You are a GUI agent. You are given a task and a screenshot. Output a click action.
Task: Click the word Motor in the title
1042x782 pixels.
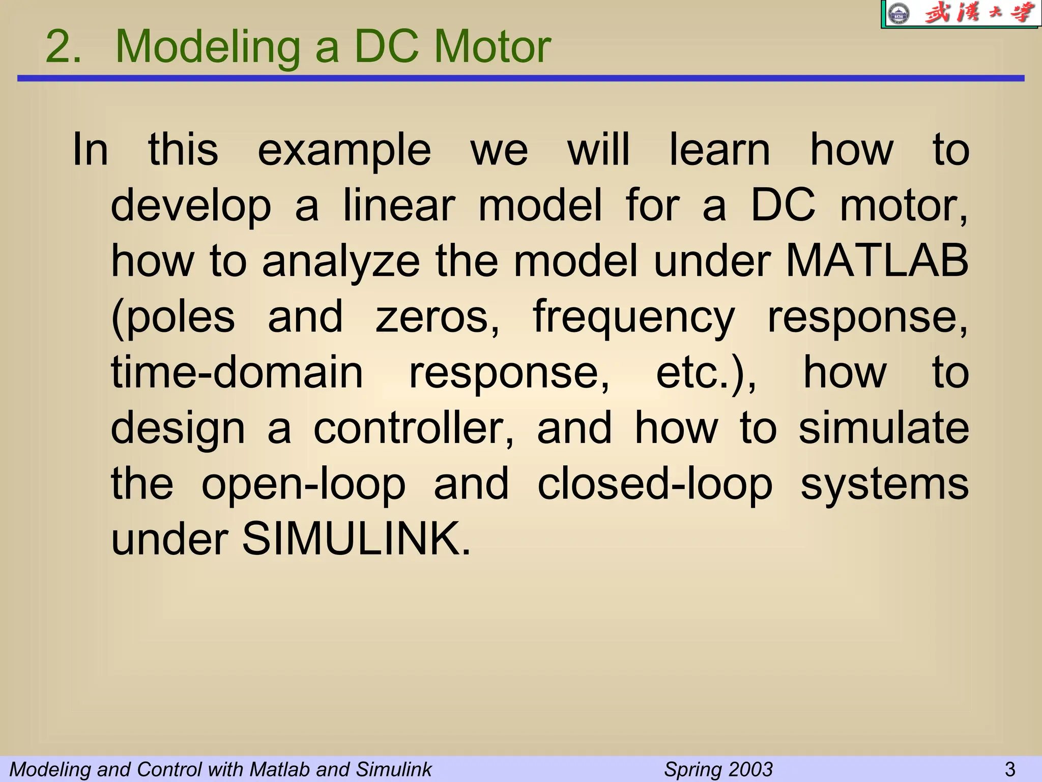coord(492,47)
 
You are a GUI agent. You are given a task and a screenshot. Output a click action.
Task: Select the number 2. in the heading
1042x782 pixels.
coord(63,47)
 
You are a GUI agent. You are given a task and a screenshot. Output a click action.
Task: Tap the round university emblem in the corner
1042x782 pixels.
coord(897,14)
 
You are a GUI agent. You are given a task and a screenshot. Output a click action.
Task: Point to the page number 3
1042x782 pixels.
coord(1010,769)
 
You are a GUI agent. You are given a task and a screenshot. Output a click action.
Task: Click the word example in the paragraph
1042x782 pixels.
coord(344,150)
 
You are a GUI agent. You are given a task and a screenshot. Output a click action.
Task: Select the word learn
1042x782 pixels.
coord(719,150)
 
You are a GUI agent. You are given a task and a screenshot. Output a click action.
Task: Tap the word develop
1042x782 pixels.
coord(191,206)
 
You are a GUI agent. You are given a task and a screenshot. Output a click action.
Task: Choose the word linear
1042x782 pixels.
coord(399,206)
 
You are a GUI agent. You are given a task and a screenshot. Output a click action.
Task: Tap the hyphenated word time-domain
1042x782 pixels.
coord(237,372)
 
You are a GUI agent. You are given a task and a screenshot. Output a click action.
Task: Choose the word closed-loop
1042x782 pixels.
coord(655,484)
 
